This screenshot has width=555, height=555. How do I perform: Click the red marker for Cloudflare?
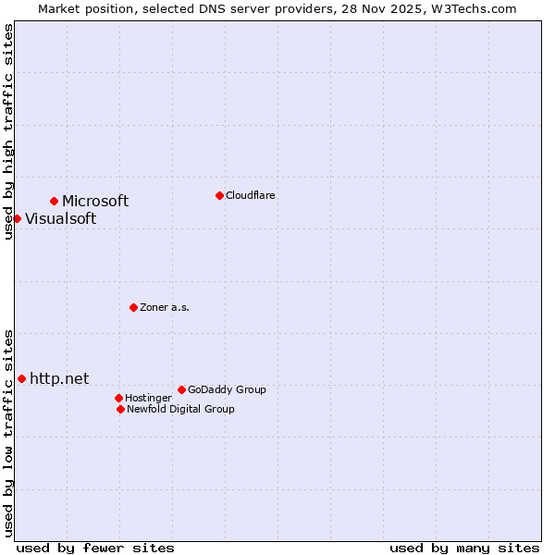coord(219,195)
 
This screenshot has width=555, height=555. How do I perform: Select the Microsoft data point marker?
coord(55,201)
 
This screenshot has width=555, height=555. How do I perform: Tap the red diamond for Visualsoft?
coord(17,218)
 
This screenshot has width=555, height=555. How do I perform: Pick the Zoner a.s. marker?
coord(133,307)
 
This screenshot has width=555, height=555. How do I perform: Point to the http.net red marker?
coord(21,378)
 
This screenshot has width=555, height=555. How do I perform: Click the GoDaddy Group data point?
coord(181,389)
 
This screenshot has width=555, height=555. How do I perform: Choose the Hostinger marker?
coord(118,398)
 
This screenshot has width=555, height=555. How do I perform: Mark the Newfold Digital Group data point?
coord(120,409)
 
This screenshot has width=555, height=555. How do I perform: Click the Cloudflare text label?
coord(250,195)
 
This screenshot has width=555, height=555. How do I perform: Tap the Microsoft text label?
coord(95,201)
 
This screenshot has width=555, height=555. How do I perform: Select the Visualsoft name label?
coord(60,219)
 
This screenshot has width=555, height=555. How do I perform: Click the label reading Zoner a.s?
coord(165,307)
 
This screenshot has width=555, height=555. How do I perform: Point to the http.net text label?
coord(59,378)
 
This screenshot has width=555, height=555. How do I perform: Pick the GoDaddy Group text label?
coord(227,389)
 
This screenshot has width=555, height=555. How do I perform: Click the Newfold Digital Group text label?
coord(180,409)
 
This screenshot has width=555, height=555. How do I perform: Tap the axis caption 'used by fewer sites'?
coord(95,548)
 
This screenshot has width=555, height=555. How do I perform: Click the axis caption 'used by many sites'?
coord(464,548)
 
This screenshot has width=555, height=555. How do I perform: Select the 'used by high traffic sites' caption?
coord(8,131)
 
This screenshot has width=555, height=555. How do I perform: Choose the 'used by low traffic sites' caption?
coord(8,433)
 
